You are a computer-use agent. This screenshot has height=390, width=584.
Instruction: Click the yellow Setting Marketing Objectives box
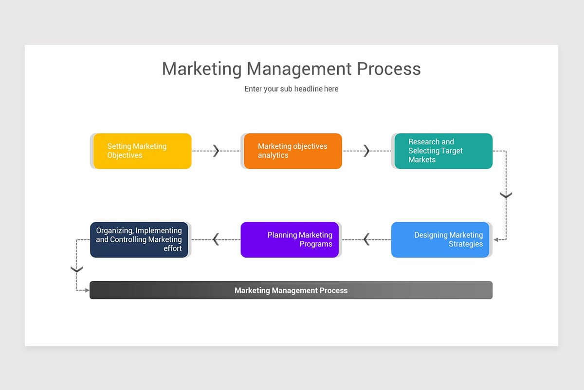tap(142, 151)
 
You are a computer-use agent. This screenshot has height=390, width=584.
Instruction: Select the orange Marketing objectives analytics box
tap(293, 151)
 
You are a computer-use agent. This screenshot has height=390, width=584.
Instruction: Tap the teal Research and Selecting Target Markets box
tap(443, 151)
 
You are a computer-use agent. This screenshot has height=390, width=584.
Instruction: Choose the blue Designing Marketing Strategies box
tap(440, 240)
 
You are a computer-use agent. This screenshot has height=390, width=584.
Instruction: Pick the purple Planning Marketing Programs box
tap(290, 240)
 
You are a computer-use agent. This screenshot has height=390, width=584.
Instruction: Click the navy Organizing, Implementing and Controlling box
tap(139, 240)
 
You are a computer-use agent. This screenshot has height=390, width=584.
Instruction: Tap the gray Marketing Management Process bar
tap(291, 290)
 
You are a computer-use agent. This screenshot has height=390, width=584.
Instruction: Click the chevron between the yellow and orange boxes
tap(217, 151)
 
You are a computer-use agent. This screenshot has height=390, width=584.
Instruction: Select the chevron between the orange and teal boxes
tap(367, 151)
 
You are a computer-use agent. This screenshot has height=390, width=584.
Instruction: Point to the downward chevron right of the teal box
tap(506, 195)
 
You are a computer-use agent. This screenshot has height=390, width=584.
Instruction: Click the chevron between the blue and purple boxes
tap(366, 239)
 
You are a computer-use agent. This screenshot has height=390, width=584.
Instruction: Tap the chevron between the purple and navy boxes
tap(216, 239)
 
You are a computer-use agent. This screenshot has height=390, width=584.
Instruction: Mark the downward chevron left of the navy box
tap(76, 269)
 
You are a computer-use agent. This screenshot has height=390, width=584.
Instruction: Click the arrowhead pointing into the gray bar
tap(87, 291)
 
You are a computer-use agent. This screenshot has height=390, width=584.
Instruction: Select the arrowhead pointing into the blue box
tap(495, 240)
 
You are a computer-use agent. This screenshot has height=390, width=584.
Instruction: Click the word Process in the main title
tap(389, 69)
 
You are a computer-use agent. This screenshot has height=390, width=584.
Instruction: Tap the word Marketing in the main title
tap(201, 69)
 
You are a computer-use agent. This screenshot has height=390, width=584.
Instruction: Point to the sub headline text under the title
tap(292, 89)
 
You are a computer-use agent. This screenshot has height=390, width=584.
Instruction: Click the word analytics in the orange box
tap(273, 156)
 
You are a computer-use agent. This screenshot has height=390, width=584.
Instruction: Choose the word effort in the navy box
tap(173, 249)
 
